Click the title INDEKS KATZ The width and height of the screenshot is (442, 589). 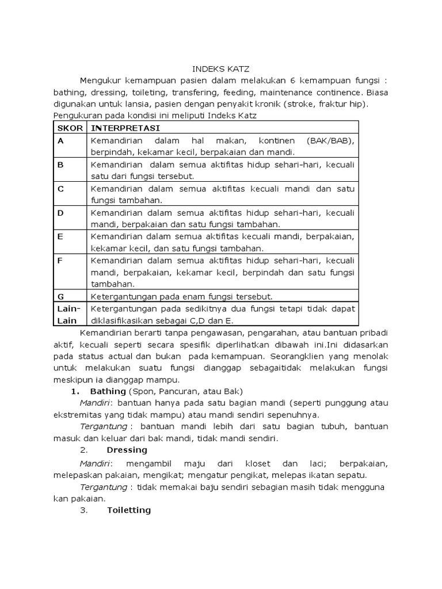221,68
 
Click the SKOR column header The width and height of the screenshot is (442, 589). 68,127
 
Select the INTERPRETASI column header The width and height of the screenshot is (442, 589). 125,127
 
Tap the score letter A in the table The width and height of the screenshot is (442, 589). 60,140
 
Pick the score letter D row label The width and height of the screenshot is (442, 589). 60,213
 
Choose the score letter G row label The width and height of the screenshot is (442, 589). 60,296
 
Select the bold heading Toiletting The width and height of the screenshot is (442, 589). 129,510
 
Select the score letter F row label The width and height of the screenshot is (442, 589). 60,261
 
